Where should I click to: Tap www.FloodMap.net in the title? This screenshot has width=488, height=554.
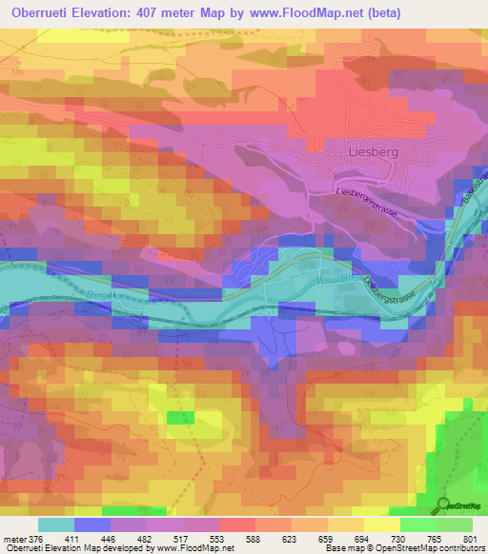click(306, 12)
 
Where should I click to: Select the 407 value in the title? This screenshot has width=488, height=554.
click(166, 12)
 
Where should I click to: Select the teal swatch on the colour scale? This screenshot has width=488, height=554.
click(56, 524)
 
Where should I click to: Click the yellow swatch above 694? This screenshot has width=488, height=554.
click(346, 524)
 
